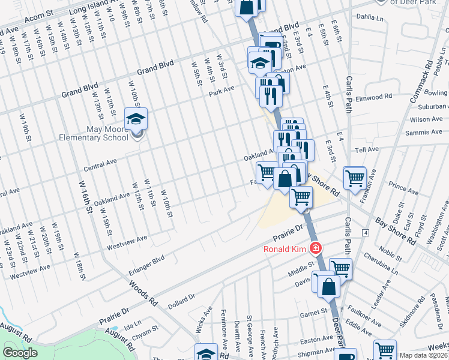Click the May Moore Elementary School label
(x=94, y=133)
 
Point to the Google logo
(x=20, y=353)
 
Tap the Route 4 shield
(x=365, y=232)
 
